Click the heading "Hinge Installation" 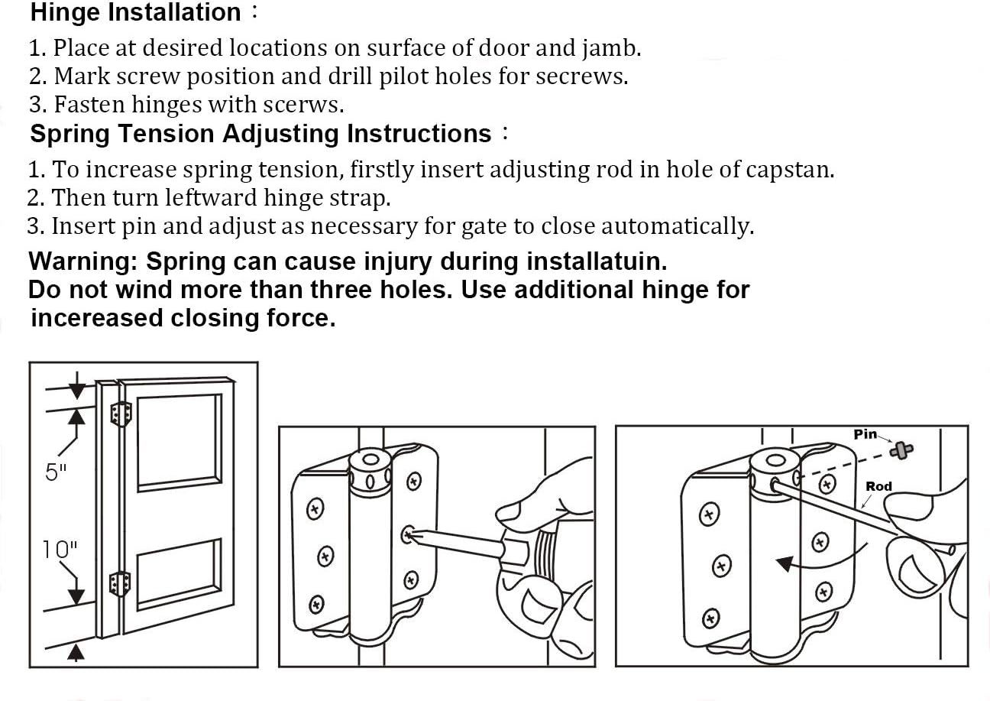tap(135, 13)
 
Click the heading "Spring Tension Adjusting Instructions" tap(260, 134)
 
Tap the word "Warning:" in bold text tap(82, 261)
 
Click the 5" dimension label tap(57, 472)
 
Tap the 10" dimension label tap(60, 549)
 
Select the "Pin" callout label tap(865, 434)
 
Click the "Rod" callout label tap(878, 486)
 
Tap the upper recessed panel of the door tap(180, 442)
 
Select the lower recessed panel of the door tap(180, 576)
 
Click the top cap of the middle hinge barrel tap(370, 462)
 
